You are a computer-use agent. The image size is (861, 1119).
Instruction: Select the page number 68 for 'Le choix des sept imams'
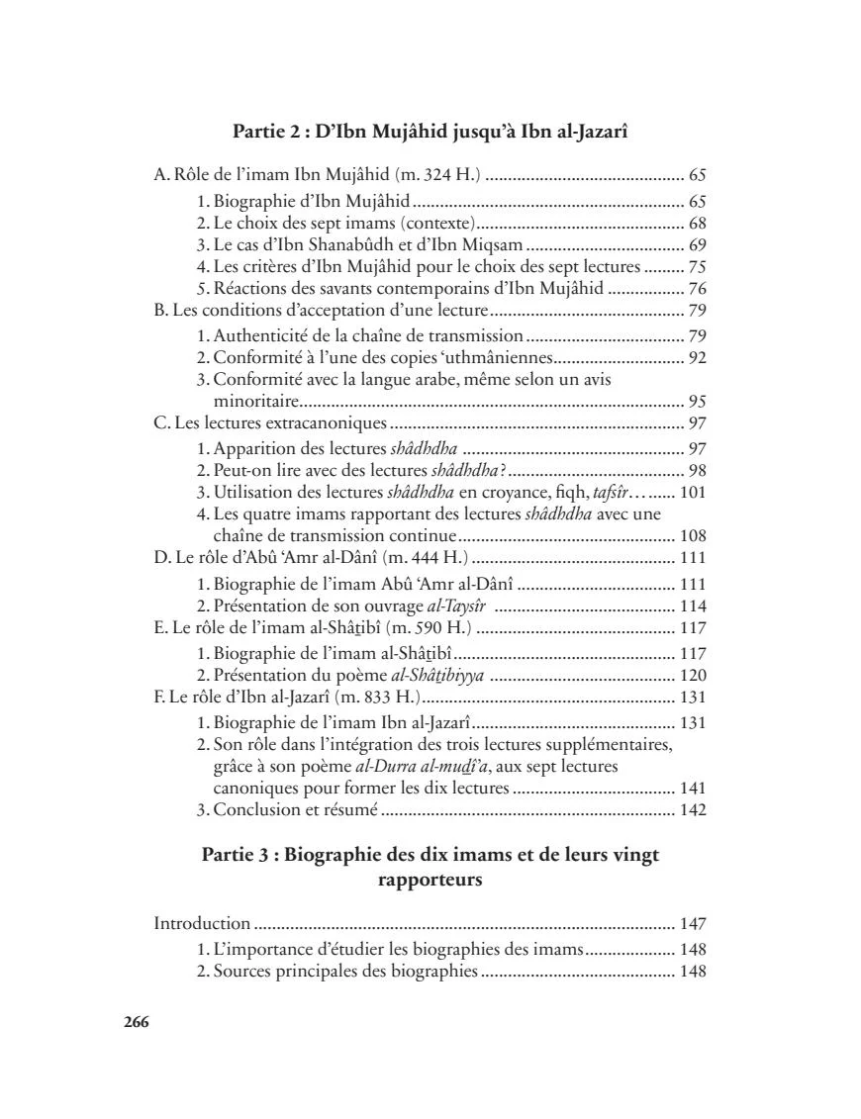697,223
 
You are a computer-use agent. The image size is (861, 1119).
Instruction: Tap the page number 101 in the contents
692,492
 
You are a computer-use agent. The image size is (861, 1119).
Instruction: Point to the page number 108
692,535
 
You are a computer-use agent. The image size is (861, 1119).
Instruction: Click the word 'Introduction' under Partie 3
202,924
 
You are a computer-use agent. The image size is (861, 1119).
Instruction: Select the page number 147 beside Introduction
692,924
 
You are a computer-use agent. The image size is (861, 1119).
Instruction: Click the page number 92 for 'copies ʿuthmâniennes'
697,357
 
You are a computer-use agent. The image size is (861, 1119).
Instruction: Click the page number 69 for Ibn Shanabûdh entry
697,244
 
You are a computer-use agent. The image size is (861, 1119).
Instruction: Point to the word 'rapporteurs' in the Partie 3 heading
430,880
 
